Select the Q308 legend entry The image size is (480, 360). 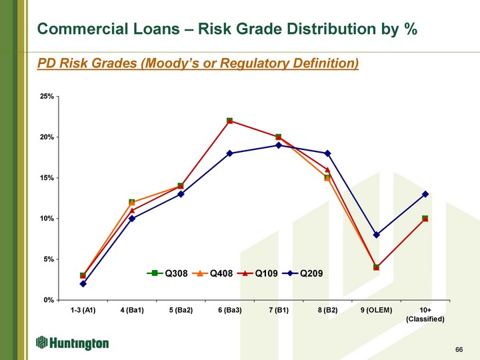point(167,273)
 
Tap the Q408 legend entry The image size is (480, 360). point(212,273)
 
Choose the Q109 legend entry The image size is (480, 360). point(257,273)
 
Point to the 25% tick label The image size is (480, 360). point(47,97)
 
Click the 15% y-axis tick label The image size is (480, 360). point(47,178)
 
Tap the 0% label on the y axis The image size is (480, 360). point(49,300)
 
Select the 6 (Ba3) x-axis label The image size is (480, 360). point(230,310)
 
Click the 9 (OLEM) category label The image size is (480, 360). point(376,310)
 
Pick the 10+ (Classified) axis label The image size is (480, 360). point(425,315)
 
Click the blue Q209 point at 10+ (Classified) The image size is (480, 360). point(425,194)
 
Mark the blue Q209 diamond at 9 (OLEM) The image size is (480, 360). point(377,235)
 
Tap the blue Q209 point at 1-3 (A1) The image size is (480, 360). point(83,284)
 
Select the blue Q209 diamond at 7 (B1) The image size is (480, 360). point(279,145)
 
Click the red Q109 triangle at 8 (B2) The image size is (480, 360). point(327,170)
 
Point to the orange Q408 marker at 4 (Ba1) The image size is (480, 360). point(132,203)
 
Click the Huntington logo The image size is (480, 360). point(73,343)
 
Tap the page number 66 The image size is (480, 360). point(459,349)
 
